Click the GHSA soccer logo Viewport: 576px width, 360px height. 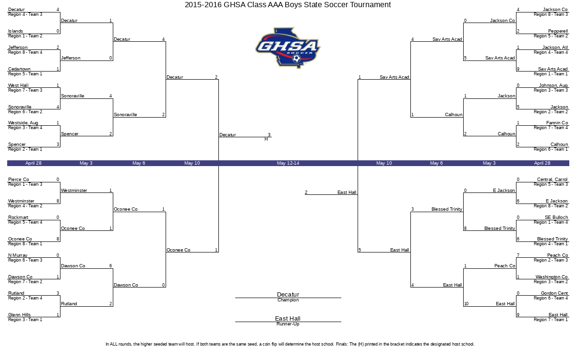click(x=288, y=48)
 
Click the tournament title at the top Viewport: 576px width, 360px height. click(x=288, y=5)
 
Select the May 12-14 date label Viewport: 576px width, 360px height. click(x=288, y=163)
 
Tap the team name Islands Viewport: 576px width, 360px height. click(x=15, y=31)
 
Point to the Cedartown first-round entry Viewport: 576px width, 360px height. click(x=19, y=69)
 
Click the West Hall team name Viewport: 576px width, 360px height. click(x=18, y=85)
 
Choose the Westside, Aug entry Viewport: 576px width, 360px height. click(x=23, y=123)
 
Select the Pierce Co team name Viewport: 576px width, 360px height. click(x=19, y=179)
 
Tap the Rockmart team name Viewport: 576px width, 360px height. click(x=18, y=217)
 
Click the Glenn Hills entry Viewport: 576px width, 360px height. click(x=19, y=315)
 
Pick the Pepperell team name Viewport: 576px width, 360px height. click(x=558, y=31)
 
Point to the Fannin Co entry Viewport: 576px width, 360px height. click(x=557, y=123)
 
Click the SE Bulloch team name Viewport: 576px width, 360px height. click(x=556, y=217)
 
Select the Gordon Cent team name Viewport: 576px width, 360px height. click(x=554, y=293)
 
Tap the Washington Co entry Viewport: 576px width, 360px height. click(x=552, y=276)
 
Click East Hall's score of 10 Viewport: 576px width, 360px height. click(x=466, y=304)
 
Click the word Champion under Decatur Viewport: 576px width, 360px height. click(x=288, y=300)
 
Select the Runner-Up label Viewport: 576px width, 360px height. click(x=288, y=324)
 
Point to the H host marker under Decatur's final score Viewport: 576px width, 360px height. click(x=266, y=139)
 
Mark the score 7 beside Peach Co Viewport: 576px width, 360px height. click(x=518, y=255)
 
